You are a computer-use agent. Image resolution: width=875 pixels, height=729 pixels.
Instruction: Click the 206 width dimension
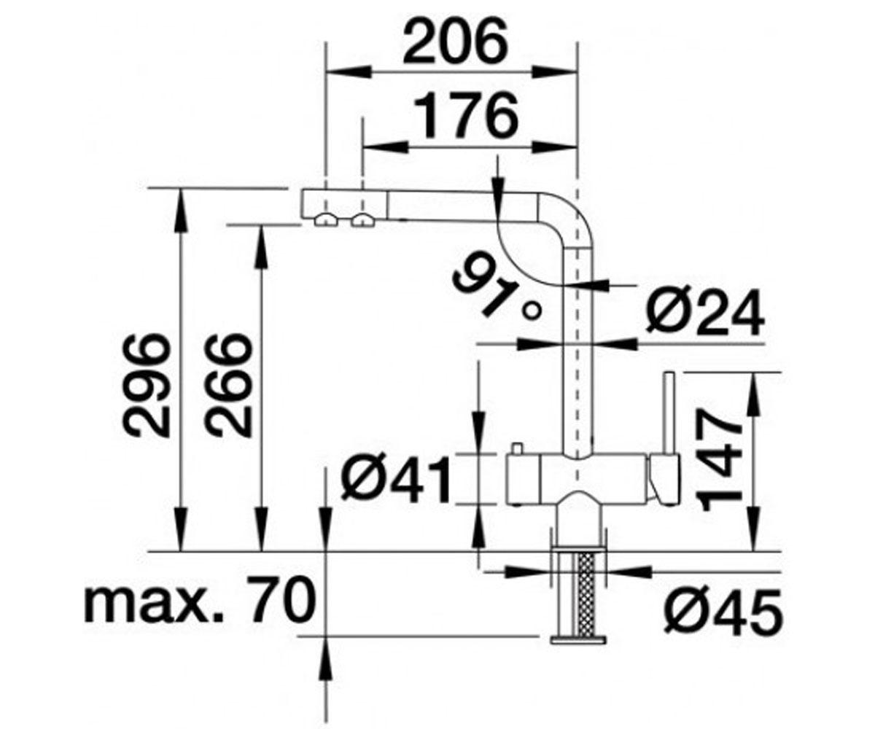coord(454,44)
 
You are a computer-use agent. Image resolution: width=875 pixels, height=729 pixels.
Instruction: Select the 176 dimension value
coord(468,116)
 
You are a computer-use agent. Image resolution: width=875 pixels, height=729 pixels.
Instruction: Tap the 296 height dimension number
coord(147,386)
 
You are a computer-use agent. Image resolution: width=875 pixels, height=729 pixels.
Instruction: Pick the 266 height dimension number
coord(228,386)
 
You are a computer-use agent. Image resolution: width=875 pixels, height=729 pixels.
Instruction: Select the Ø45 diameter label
coord(723,612)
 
